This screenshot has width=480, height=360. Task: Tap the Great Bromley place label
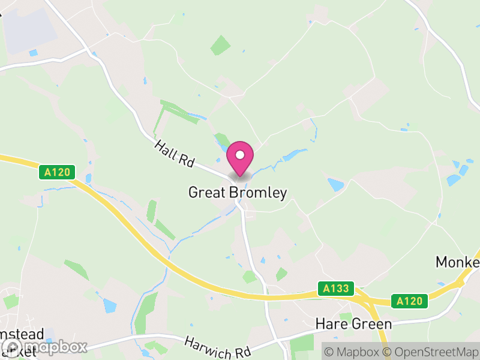pos(238,193)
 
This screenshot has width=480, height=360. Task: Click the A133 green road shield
pos(335,289)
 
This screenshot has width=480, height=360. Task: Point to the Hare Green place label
pos(353,325)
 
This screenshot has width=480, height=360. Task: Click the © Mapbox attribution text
pos(352,352)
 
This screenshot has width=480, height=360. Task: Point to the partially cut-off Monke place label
pos(458,263)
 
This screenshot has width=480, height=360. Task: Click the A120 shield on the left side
pos(58,173)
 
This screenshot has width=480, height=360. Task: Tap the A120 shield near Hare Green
pos(410,301)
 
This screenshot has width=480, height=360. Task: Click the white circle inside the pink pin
pos(240,155)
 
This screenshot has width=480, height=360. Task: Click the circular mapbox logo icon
pos(13,347)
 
